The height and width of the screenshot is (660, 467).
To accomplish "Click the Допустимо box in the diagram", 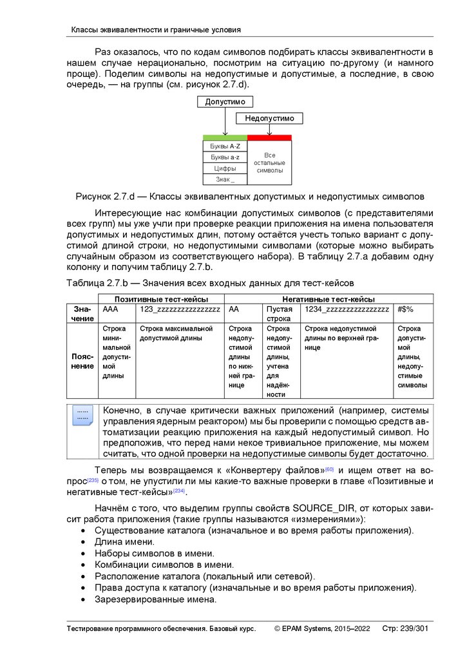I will tap(225, 102).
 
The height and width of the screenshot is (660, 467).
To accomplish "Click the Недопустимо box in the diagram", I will tap(269, 119).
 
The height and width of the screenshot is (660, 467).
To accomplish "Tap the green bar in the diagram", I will tap(225, 137).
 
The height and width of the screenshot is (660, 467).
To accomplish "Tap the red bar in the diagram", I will tap(269, 137).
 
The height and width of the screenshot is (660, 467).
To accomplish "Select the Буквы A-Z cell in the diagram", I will tap(225, 146).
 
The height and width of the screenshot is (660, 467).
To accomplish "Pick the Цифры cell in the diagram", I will tap(225, 168).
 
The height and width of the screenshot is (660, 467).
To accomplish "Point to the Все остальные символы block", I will tap(269, 163).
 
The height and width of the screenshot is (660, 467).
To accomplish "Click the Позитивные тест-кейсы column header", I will tap(160, 299).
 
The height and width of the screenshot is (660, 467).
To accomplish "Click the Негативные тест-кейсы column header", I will tap(329, 299).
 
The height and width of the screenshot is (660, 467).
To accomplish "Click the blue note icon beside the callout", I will tap(82, 415).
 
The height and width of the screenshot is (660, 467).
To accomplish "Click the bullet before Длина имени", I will tap(84, 542).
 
